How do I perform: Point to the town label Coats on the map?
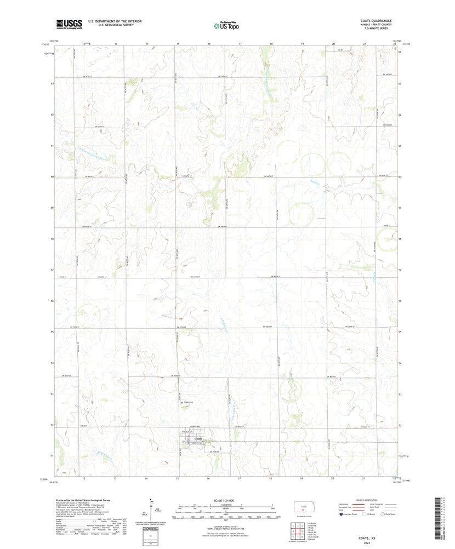pos(198,438)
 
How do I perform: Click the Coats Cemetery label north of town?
pos(189,402)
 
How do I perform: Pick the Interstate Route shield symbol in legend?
pos(343,514)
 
